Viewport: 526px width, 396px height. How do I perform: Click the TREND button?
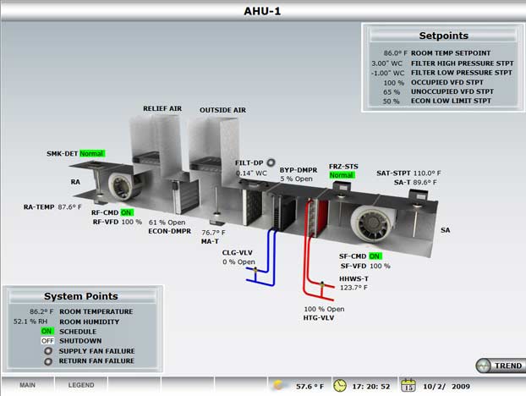(x=499, y=366)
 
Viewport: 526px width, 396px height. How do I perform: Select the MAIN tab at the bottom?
(x=27, y=385)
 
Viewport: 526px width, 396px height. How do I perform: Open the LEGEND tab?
(x=81, y=385)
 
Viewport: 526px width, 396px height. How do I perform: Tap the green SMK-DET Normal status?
(x=91, y=154)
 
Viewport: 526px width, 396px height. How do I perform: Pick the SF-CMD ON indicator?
(x=375, y=255)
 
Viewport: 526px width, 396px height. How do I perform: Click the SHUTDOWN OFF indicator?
(x=47, y=341)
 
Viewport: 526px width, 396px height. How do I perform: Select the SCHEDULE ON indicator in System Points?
(x=47, y=331)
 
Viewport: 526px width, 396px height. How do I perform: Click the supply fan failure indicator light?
(x=47, y=351)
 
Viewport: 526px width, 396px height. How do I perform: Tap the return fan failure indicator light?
(x=47, y=361)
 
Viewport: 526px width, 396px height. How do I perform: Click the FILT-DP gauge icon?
(x=271, y=162)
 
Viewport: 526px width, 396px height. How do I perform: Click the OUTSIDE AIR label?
(x=222, y=110)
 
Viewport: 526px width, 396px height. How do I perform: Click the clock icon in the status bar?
(x=340, y=385)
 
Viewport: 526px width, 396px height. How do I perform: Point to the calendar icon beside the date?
(x=408, y=385)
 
